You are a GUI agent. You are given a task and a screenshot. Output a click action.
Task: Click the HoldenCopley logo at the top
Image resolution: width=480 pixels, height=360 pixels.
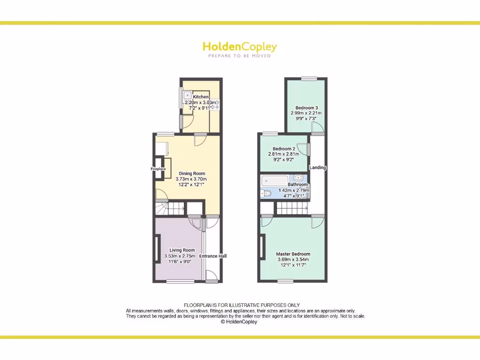pyautogui.click(x=240, y=47)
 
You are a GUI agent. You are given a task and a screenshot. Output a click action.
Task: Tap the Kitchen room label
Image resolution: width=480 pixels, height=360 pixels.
pyautogui.click(x=201, y=97)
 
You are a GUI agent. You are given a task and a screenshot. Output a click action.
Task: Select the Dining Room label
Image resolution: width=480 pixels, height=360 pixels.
pyautogui.click(x=191, y=173)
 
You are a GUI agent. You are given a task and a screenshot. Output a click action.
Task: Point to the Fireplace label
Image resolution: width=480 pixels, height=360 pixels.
pyautogui.click(x=158, y=169)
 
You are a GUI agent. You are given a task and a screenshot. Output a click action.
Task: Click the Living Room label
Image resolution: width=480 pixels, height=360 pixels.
pyautogui.click(x=182, y=250)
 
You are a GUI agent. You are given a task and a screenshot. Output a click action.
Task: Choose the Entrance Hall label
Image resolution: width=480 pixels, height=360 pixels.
pyautogui.click(x=213, y=256)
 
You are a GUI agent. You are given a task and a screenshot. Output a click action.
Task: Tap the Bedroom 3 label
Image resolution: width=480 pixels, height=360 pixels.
pyautogui.click(x=307, y=108)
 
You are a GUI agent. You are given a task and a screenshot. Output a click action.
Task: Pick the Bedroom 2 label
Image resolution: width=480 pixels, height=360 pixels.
pyautogui.click(x=284, y=149)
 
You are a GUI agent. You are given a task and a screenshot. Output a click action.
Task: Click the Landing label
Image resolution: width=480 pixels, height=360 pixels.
pyautogui.click(x=318, y=167)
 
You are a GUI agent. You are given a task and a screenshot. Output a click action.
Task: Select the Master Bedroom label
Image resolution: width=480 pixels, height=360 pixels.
pyautogui.click(x=293, y=254)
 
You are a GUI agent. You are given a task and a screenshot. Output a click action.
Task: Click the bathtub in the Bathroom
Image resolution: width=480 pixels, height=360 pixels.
pyautogui.click(x=277, y=180)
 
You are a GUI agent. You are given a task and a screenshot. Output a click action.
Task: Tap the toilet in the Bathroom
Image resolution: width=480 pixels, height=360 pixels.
pyautogui.click(x=265, y=193)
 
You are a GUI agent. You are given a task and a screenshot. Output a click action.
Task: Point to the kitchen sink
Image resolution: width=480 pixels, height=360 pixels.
pyautogui.click(x=187, y=94)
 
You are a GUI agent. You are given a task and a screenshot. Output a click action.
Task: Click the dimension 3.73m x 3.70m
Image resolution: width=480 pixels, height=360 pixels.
pyautogui.click(x=191, y=179)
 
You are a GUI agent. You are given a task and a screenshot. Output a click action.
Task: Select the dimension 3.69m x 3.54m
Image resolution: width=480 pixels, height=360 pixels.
pyautogui.click(x=293, y=260)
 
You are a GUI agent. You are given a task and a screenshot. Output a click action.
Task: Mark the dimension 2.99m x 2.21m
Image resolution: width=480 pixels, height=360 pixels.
pyautogui.click(x=307, y=113)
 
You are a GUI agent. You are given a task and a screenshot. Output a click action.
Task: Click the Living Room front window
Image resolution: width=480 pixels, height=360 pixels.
pyautogui.click(x=180, y=282)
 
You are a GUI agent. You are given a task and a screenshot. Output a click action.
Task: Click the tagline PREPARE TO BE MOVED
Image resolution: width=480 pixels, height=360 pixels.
pyautogui.click(x=240, y=56)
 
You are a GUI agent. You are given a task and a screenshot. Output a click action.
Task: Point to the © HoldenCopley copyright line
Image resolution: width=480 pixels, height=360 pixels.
pyautogui.click(x=239, y=322)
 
